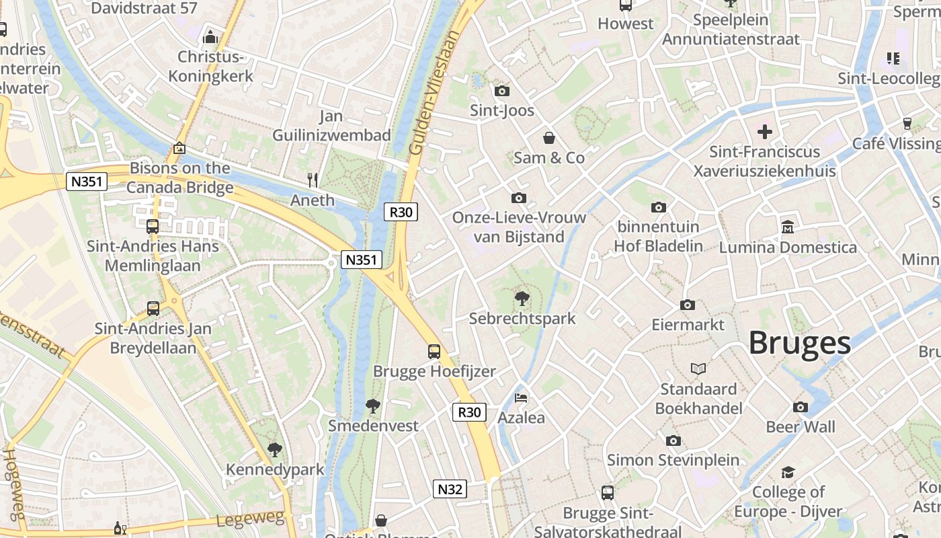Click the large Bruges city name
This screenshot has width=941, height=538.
click(799, 343)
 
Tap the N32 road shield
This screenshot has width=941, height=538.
click(450, 489)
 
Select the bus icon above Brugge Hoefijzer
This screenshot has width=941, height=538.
click(434, 351)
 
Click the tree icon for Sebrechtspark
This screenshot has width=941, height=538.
click(522, 298)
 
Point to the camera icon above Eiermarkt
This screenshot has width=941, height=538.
click(687, 305)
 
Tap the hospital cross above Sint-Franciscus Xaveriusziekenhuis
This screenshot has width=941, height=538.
click(764, 132)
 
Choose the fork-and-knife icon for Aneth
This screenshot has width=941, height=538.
click(313, 180)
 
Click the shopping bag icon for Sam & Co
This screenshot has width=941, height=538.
click(549, 138)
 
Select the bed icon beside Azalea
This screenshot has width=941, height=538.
click(521, 397)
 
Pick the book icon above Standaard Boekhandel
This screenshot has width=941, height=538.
click(698, 369)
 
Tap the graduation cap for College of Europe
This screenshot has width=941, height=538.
click(788, 472)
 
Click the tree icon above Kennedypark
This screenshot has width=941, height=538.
click(274, 449)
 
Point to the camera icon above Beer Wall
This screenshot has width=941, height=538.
click(800, 407)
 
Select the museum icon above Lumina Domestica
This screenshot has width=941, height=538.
click(788, 227)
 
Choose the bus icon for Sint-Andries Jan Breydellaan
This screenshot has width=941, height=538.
click(153, 309)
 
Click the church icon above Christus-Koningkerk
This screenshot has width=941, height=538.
click(210, 36)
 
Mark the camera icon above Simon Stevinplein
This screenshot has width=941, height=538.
click(673, 440)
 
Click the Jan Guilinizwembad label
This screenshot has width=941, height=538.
click(331, 126)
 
